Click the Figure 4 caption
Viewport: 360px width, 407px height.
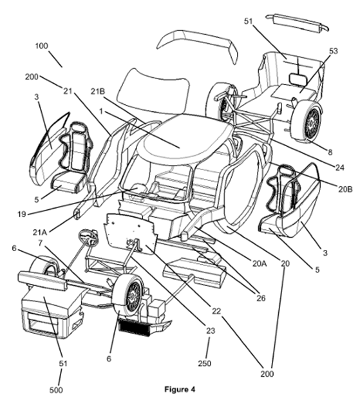click(x=180, y=390)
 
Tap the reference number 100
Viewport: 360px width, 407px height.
click(x=41, y=46)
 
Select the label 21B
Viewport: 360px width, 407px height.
click(x=98, y=91)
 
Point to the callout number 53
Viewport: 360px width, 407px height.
click(x=333, y=51)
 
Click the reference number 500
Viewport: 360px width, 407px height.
click(x=56, y=390)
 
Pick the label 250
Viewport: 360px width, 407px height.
click(x=205, y=363)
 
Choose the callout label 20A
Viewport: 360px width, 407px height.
click(x=260, y=263)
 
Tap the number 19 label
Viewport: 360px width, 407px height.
click(x=21, y=214)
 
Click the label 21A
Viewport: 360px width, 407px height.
click(x=40, y=232)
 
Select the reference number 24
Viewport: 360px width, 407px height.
click(x=339, y=167)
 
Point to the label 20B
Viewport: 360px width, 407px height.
click(x=345, y=189)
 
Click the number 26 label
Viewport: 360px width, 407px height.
click(x=261, y=298)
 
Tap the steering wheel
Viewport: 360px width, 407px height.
click(x=88, y=237)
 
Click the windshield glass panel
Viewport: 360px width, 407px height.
click(x=154, y=91)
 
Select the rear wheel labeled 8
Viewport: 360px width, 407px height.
click(x=308, y=121)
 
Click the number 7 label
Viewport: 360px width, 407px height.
click(x=40, y=243)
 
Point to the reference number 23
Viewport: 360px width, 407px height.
click(x=211, y=330)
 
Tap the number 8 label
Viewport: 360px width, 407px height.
click(x=330, y=152)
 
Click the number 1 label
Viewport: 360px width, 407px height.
click(x=101, y=111)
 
